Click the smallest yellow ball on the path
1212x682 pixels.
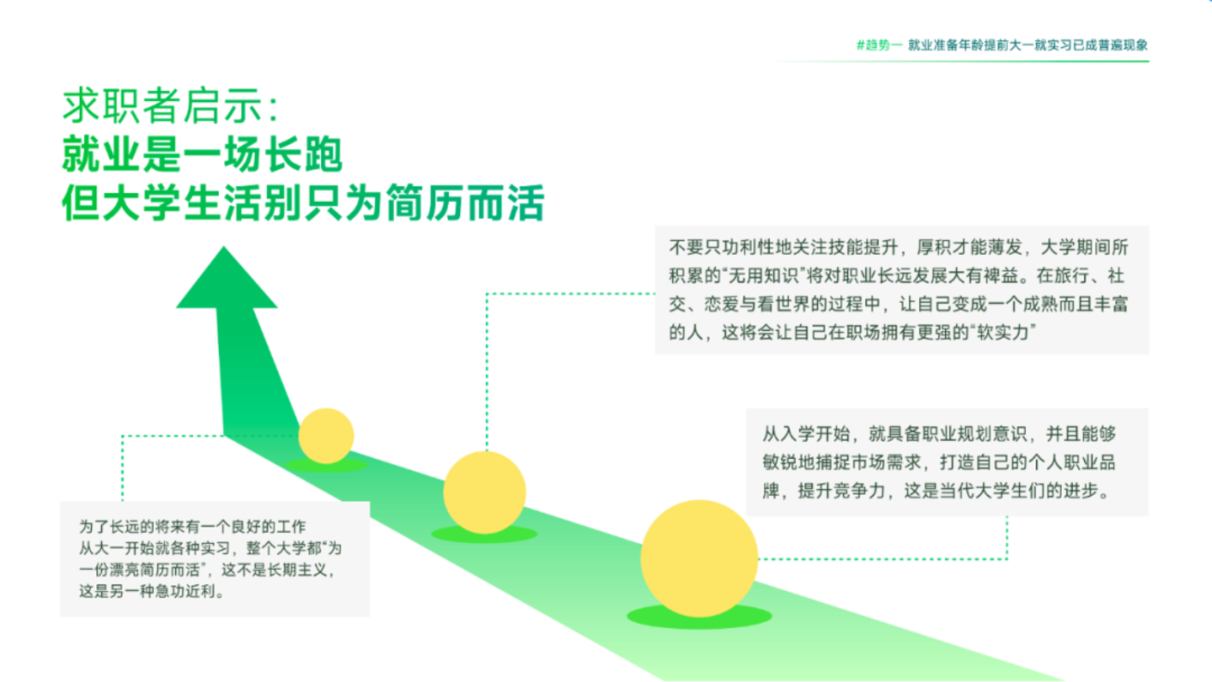pos(326,436)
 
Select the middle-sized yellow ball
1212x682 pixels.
pos(484,493)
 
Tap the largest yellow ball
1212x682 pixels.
pos(699,558)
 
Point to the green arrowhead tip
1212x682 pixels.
pos(224,248)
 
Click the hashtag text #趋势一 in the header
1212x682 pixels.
pos(879,45)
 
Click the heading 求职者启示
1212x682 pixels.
pos(163,105)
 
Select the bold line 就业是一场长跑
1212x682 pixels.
pos(202,155)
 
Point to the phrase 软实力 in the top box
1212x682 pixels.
pos(1002,332)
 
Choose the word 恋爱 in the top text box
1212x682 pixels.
pos(721,304)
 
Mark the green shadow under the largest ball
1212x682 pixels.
pos(699,618)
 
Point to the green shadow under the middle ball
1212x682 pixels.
pos(484,535)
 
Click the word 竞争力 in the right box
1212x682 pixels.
pos(859,491)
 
